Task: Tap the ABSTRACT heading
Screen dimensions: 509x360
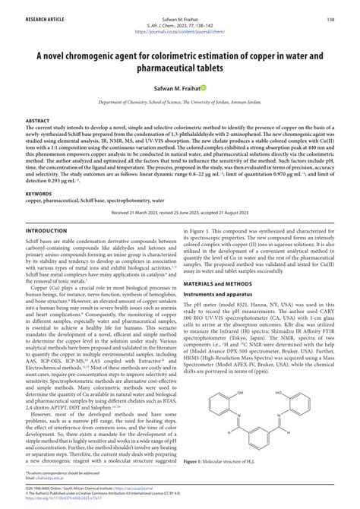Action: (39, 121)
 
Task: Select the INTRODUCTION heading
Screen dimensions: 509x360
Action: (46, 230)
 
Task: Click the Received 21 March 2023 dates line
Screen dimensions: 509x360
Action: (180, 214)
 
